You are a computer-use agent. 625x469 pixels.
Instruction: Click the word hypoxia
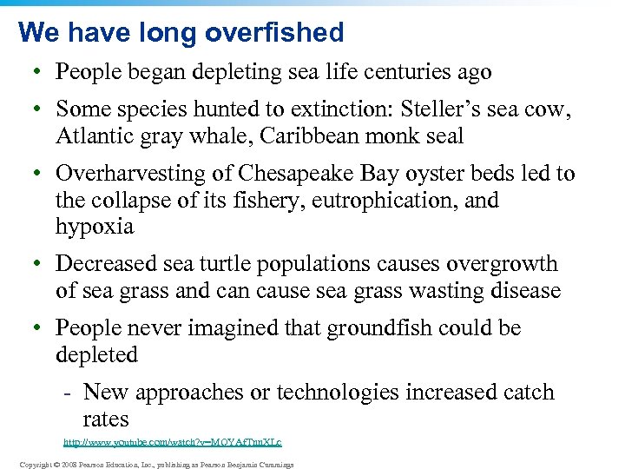95,228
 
